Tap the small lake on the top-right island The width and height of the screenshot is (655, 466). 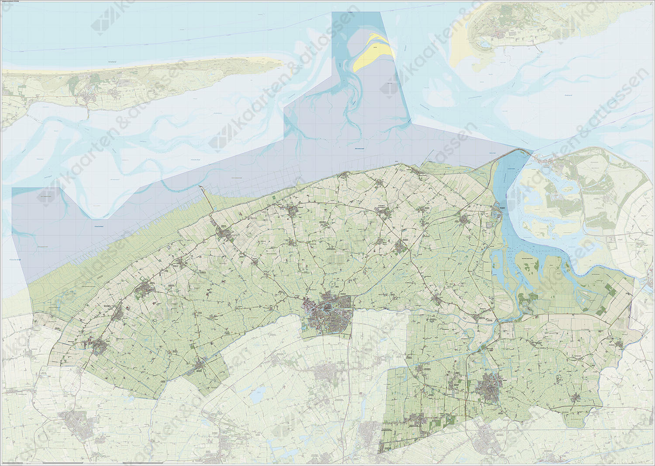coord(485,44)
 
